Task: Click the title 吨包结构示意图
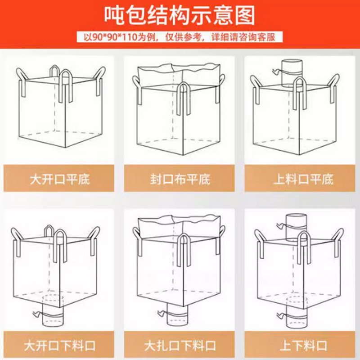(x=180, y=16)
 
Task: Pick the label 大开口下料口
(x=60, y=346)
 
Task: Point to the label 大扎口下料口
(x=180, y=346)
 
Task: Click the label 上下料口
(x=303, y=346)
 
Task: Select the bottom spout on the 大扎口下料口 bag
(x=178, y=315)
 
